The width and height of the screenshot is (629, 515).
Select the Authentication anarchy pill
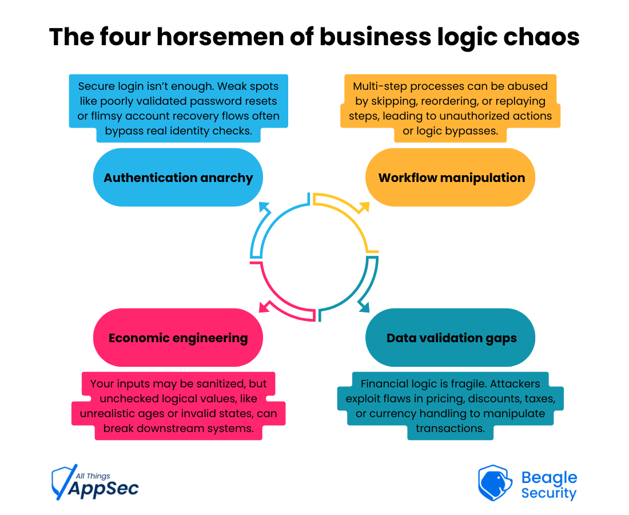178,177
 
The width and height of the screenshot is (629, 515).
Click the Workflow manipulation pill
451,177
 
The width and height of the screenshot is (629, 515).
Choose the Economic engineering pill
178,338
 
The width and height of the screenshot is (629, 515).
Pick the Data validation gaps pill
451,338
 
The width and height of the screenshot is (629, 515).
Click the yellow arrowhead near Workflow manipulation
364,207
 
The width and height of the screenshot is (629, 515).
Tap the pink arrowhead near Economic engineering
264,307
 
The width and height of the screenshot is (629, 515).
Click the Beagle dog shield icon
495,483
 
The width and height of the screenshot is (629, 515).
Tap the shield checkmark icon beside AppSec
62,482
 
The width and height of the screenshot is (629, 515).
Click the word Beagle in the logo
549,478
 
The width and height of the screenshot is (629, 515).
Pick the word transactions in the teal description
450,428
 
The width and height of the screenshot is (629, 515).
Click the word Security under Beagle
549,493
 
